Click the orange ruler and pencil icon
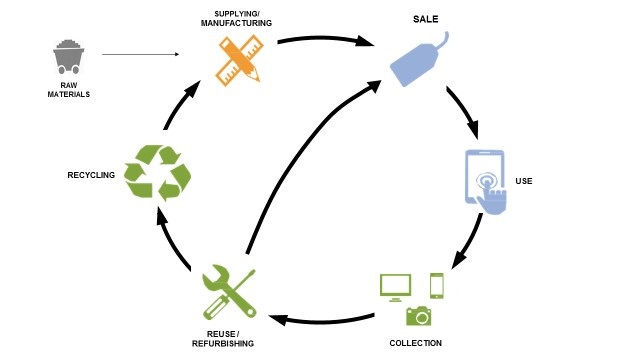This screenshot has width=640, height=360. click(237, 59)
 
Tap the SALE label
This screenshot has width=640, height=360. click(427, 19)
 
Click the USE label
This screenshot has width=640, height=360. click(524, 181)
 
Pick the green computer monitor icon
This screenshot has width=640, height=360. click(394, 286)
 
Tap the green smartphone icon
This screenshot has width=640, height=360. click(437, 285)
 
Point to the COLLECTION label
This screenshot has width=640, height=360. click(414, 343)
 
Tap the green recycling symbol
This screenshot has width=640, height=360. click(156, 172)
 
